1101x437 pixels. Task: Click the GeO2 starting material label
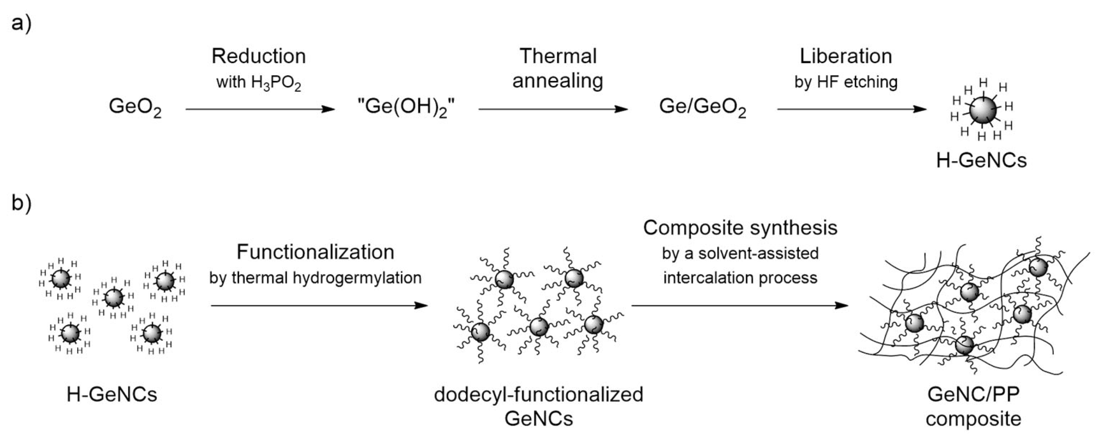(135, 108)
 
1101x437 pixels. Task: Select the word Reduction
(259, 56)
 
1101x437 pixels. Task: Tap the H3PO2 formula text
(276, 83)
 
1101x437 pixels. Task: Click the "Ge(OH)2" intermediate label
(406, 108)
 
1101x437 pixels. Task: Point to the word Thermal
(558, 56)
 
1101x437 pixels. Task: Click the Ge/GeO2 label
(703, 108)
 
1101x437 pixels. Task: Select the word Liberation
(846, 56)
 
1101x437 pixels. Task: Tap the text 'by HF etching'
(846, 82)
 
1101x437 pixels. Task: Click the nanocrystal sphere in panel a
(983, 110)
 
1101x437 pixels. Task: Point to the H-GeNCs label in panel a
(981, 160)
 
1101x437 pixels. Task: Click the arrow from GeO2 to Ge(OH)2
(260, 110)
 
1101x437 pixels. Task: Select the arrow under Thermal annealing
(553, 110)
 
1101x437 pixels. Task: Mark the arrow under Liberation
(852, 110)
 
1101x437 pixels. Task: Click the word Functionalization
(315, 252)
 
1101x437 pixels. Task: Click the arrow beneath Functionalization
(319, 305)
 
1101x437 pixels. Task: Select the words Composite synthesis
(740, 228)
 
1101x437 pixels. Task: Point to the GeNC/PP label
(973, 394)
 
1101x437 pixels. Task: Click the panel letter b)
(21, 203)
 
